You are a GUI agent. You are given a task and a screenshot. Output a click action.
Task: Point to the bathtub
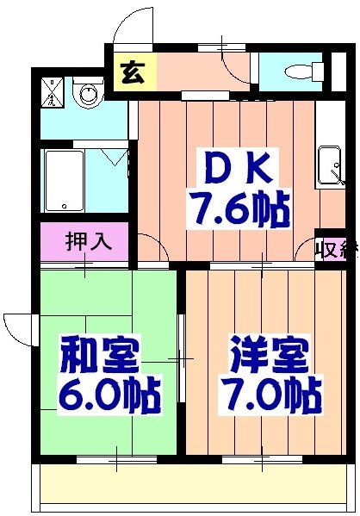(x=64, y=180)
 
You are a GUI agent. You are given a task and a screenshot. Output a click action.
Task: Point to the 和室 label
(x=99, y=354)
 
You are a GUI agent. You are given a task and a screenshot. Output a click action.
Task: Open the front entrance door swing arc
(x=131, y=26)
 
